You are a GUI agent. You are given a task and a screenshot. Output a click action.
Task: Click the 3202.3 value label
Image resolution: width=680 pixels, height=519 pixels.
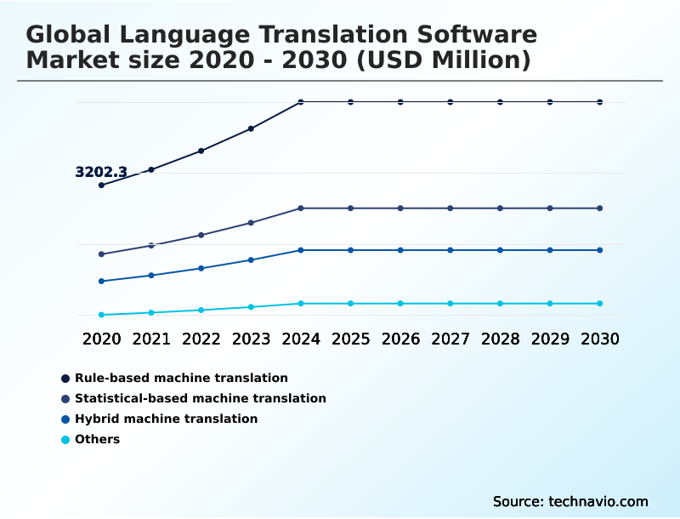click(101, 172)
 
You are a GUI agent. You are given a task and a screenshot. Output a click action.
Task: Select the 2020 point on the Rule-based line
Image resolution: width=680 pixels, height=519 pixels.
click(101, 185)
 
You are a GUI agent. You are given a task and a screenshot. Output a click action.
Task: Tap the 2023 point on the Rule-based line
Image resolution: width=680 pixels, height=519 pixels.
click(251, 128)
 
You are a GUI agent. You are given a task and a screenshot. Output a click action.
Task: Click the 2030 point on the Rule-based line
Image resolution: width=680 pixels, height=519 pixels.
click(600, 102)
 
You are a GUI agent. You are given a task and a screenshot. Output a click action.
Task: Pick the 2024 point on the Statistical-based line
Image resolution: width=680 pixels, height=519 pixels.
click(301, 208)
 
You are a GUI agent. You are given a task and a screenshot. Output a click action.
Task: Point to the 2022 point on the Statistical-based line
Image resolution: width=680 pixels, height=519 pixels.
click(201, 235)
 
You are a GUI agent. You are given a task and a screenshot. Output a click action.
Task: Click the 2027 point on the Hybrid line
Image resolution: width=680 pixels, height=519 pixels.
click(450, 250)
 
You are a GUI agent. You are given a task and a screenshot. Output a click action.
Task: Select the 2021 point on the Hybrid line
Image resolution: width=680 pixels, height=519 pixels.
click(151, 276)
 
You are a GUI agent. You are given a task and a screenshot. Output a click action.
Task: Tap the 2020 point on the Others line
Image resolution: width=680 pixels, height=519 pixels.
click(101, 315)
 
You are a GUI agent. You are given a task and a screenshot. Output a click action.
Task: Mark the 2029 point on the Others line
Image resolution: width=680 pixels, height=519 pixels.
click(550, 304)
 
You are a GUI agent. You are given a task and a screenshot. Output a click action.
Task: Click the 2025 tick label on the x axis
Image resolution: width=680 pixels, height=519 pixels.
click(350, 339)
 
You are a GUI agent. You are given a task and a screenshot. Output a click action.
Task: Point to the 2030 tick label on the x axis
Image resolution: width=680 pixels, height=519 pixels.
click(600, 339)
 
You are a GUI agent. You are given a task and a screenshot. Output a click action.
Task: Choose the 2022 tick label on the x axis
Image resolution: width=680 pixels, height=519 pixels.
click(201, 339)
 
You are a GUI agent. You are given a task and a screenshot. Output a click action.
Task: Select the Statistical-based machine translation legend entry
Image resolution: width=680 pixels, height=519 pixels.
click(200, 398)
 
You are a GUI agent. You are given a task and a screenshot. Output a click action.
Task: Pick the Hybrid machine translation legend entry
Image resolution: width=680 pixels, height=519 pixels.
click(166, 419)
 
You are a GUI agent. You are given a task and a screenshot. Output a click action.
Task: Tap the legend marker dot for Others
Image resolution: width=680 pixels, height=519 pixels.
click(65, 440)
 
